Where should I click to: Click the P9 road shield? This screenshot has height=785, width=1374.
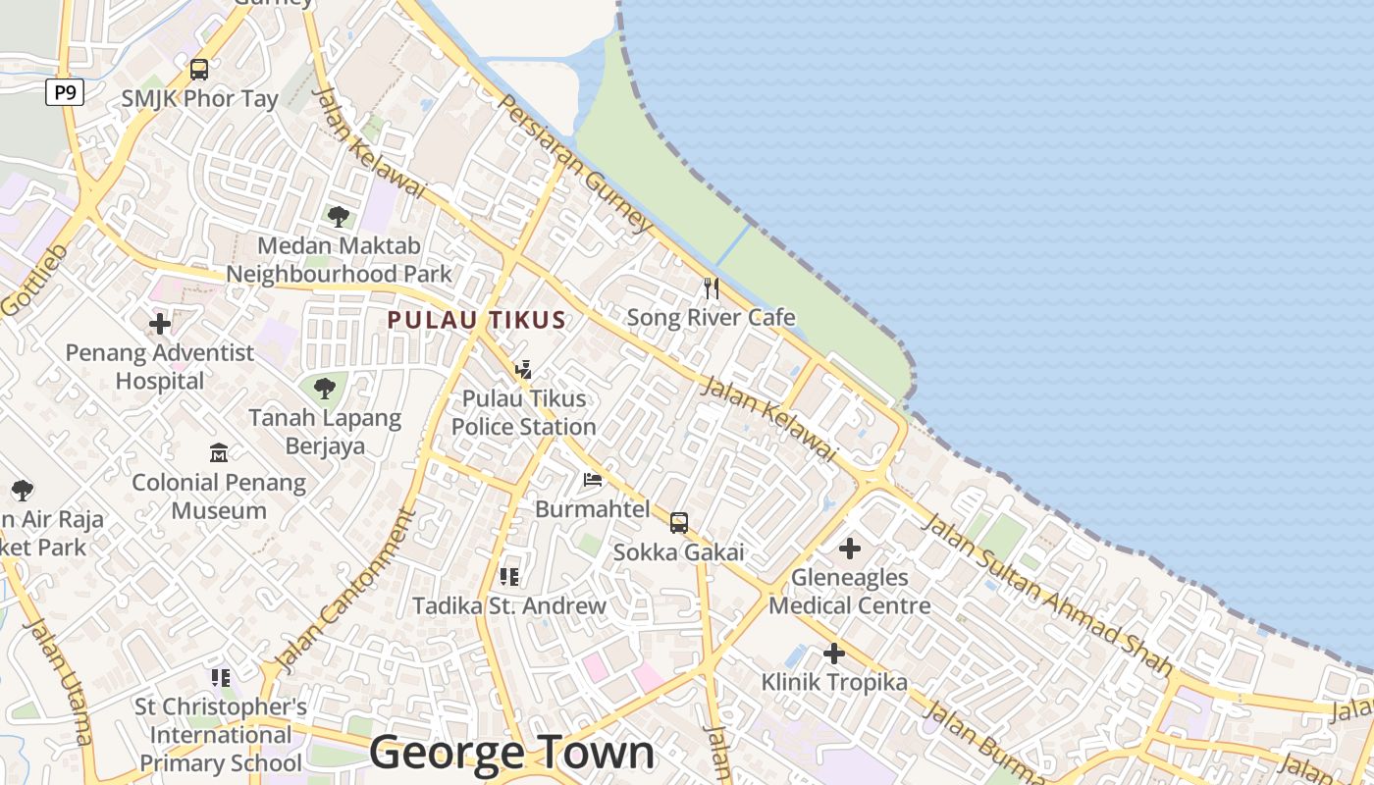(64, 93)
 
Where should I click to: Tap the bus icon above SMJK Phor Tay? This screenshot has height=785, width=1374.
(199, 70)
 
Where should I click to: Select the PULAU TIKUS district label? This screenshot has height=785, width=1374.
(476, 320)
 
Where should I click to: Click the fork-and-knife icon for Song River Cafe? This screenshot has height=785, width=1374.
(712, 288)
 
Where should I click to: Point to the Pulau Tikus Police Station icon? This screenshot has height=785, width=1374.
(524, 370)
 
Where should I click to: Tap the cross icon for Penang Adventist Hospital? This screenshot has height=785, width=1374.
(160, 323)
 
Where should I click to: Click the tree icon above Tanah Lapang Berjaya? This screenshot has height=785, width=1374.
(325, 389)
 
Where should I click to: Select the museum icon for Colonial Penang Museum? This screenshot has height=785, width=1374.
(219, 453)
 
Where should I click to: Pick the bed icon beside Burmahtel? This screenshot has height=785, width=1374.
(593, 480)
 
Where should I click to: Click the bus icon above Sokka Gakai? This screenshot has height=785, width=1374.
(679, 523)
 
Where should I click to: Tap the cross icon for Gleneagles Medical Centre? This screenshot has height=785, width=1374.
(850, 549)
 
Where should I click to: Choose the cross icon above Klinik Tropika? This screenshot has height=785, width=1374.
(834, 653)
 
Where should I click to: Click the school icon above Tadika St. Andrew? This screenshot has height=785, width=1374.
(508, 576)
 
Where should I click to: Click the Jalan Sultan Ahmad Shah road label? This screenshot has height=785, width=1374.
(1048, 595)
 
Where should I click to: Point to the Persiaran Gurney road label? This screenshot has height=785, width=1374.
(575, 164)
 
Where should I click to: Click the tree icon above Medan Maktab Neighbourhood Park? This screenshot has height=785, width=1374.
(339, 216)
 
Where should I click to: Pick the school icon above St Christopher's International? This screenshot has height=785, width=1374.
(221, 677)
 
